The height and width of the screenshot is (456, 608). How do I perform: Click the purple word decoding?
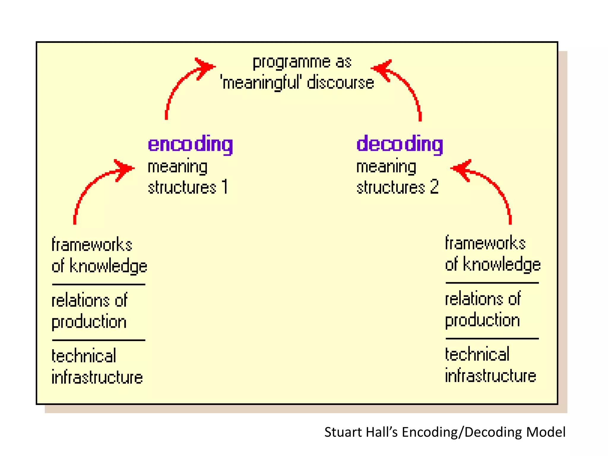pyautogui.click(x=399, y=144)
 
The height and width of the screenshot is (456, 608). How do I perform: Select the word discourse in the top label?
pyautogui.click(x=340, y=83)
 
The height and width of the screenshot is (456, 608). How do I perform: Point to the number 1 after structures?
pyautogui.click(x=225, y=187)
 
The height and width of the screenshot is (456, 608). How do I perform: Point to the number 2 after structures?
pyautogui.click(x=434, y=187)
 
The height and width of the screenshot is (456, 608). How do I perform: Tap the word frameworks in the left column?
pyautogui.click(x=92, y=245)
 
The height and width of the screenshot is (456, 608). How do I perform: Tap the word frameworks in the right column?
pyautogui.click(x=485, y=243)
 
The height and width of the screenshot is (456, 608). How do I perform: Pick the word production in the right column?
pyautogui.click(x=482, y=320)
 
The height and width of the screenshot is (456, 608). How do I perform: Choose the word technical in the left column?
pyautogui.click(x=84, y=356)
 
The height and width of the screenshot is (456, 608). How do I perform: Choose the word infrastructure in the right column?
pyautogui.click(x=490, y=376)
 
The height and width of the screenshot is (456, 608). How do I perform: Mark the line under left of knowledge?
pyautogui.click(x=99, y=284)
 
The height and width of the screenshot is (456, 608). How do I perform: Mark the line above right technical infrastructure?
pyautogui.click(x=492, y=338)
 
